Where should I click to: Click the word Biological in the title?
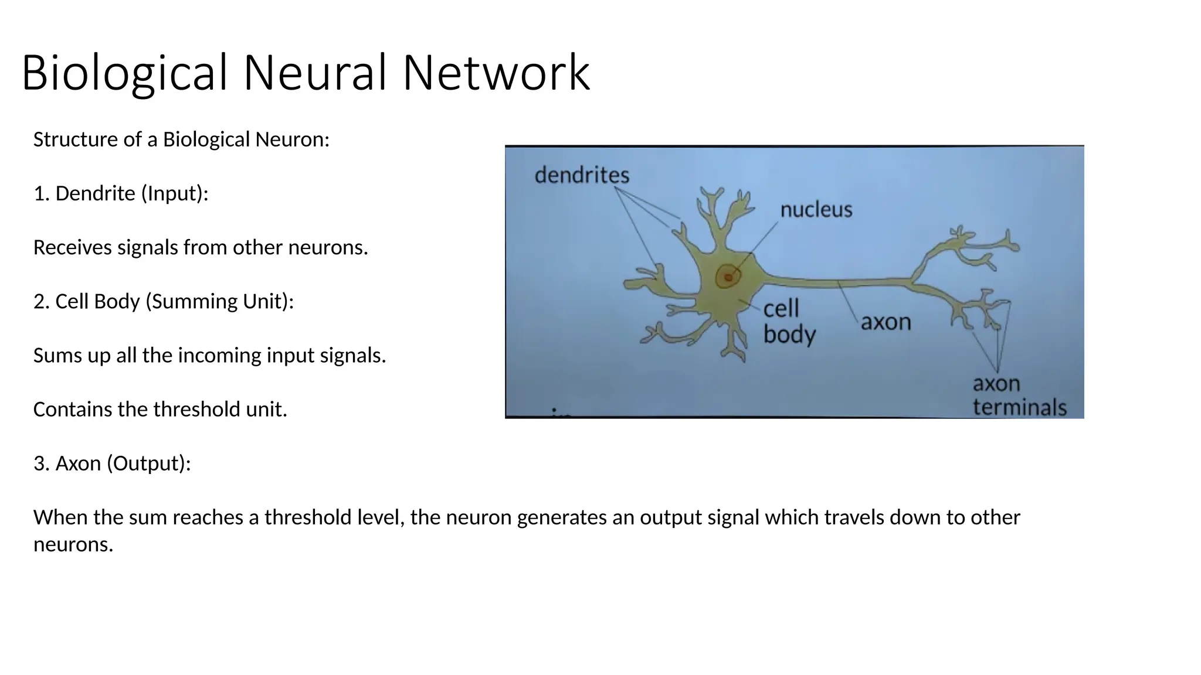124,73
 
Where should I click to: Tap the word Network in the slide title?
496,73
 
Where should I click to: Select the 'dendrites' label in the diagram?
582,175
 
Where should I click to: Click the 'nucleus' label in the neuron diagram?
816,210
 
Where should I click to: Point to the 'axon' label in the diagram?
886,322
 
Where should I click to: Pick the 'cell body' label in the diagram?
788,322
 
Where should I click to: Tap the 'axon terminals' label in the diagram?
1019,396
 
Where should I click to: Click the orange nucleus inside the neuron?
728,277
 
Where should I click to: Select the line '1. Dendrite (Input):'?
121,193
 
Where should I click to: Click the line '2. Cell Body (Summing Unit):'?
164,301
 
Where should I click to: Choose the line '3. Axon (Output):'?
112,463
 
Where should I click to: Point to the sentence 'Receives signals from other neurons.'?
201,247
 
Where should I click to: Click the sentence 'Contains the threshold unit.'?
160,409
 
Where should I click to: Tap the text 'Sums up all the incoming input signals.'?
209,355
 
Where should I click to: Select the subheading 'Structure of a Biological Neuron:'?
181,139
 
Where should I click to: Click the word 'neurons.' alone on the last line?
73,544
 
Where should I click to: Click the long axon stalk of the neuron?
839,283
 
